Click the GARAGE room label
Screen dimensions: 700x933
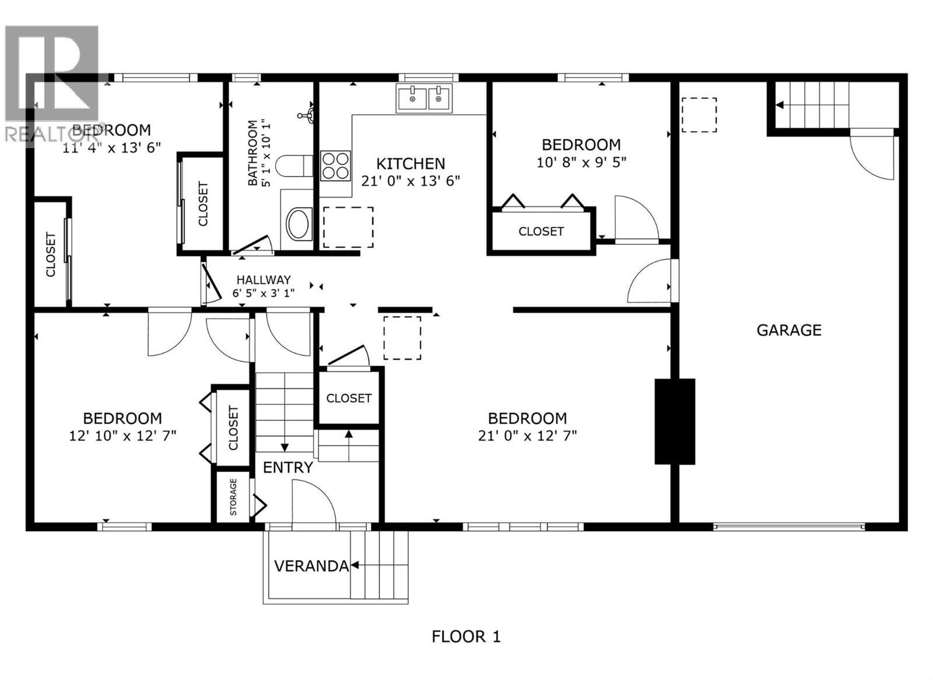point(788,330)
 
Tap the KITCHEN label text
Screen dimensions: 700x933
point(411,164)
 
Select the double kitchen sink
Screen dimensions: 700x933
point(424,98)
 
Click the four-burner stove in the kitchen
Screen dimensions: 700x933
point(336,165)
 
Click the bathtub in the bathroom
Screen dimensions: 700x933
point(299,223)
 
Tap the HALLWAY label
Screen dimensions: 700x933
point(263,280)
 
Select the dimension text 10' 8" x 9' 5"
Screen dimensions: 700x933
point(581,162)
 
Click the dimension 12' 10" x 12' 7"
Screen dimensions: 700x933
point(122,436)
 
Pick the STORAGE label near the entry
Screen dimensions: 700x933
point(233,497)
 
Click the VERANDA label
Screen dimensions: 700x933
point(311,566)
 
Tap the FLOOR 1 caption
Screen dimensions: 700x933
point(466,636)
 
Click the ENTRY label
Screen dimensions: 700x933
point(288,467)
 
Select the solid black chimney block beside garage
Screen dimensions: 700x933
point(675,421)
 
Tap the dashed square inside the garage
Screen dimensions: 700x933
point(699,115)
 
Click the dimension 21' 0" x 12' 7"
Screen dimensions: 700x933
point(527,436)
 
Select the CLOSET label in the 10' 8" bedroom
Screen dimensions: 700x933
point(541,232)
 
